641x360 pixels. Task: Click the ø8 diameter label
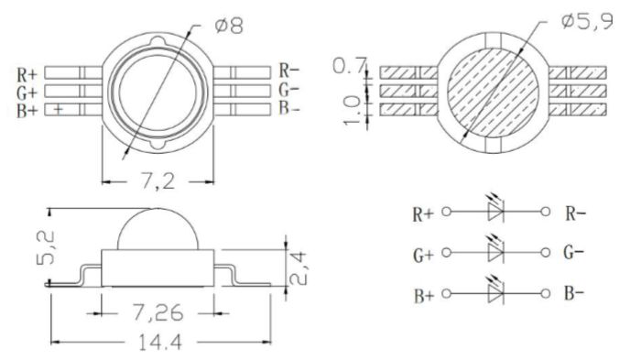coord(229,26)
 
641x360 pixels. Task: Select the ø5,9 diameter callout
coord(588,20)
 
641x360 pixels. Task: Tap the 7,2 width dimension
coord(158,180)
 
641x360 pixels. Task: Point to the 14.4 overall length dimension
coord(160,342)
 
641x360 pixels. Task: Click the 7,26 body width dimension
coord(157,313)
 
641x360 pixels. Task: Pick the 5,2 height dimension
coord(46,247)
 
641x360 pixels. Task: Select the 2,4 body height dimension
coord(298,268)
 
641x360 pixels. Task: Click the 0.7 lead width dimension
coord(348,65)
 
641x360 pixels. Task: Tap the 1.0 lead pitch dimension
coord(352,111)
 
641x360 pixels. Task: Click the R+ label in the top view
coord(27,75)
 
